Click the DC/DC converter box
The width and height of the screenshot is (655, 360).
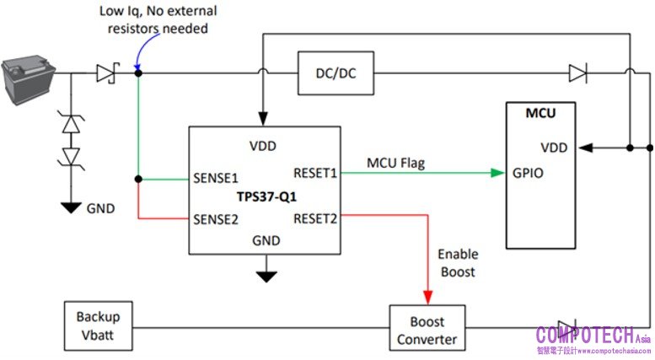click(x=336, y=74)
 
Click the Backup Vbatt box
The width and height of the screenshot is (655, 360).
click(x=99, y=325)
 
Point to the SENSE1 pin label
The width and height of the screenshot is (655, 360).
click(x=217, y=179)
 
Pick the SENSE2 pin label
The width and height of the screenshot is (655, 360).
click(x=217, y=218)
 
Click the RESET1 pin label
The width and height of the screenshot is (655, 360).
click(x=315, y=173)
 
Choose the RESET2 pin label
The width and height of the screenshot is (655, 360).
click(x=315, y=218)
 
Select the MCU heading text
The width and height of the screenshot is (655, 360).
click(x=540, y=112)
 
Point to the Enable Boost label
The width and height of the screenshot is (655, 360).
click(x=458, y=262)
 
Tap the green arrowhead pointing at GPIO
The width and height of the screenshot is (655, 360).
click(x=497, y=173)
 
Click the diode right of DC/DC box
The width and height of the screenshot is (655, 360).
click(x=577, y=74)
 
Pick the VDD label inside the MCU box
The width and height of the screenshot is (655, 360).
click(x=555, y=148)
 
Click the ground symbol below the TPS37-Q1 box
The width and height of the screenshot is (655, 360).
click(x=267, y=275)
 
